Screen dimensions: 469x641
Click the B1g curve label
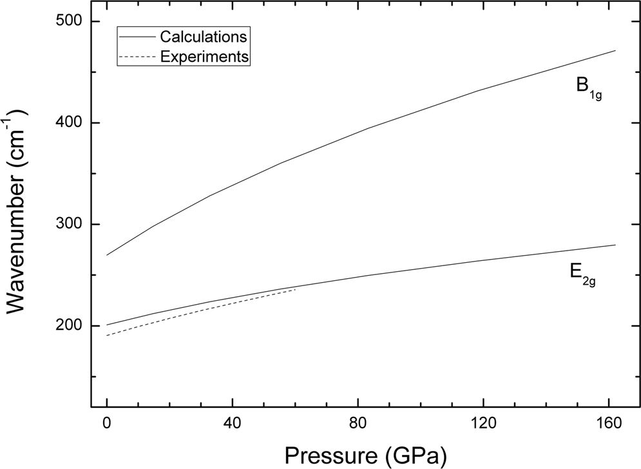tap(588, 88)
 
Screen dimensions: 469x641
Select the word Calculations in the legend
tap(204, 35)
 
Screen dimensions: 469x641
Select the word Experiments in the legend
tap(204, 56)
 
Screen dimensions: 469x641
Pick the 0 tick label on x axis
tap(107, 425)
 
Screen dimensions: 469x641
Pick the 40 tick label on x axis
tap(233, 425)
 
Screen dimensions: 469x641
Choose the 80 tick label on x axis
tap(358, 425)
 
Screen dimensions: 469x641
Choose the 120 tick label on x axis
tap(484, 425)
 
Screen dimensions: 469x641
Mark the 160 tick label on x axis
tap(609, 425)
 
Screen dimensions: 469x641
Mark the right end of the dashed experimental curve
tap(296, 289)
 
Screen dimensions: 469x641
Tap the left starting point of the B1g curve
tap(107, 255)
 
